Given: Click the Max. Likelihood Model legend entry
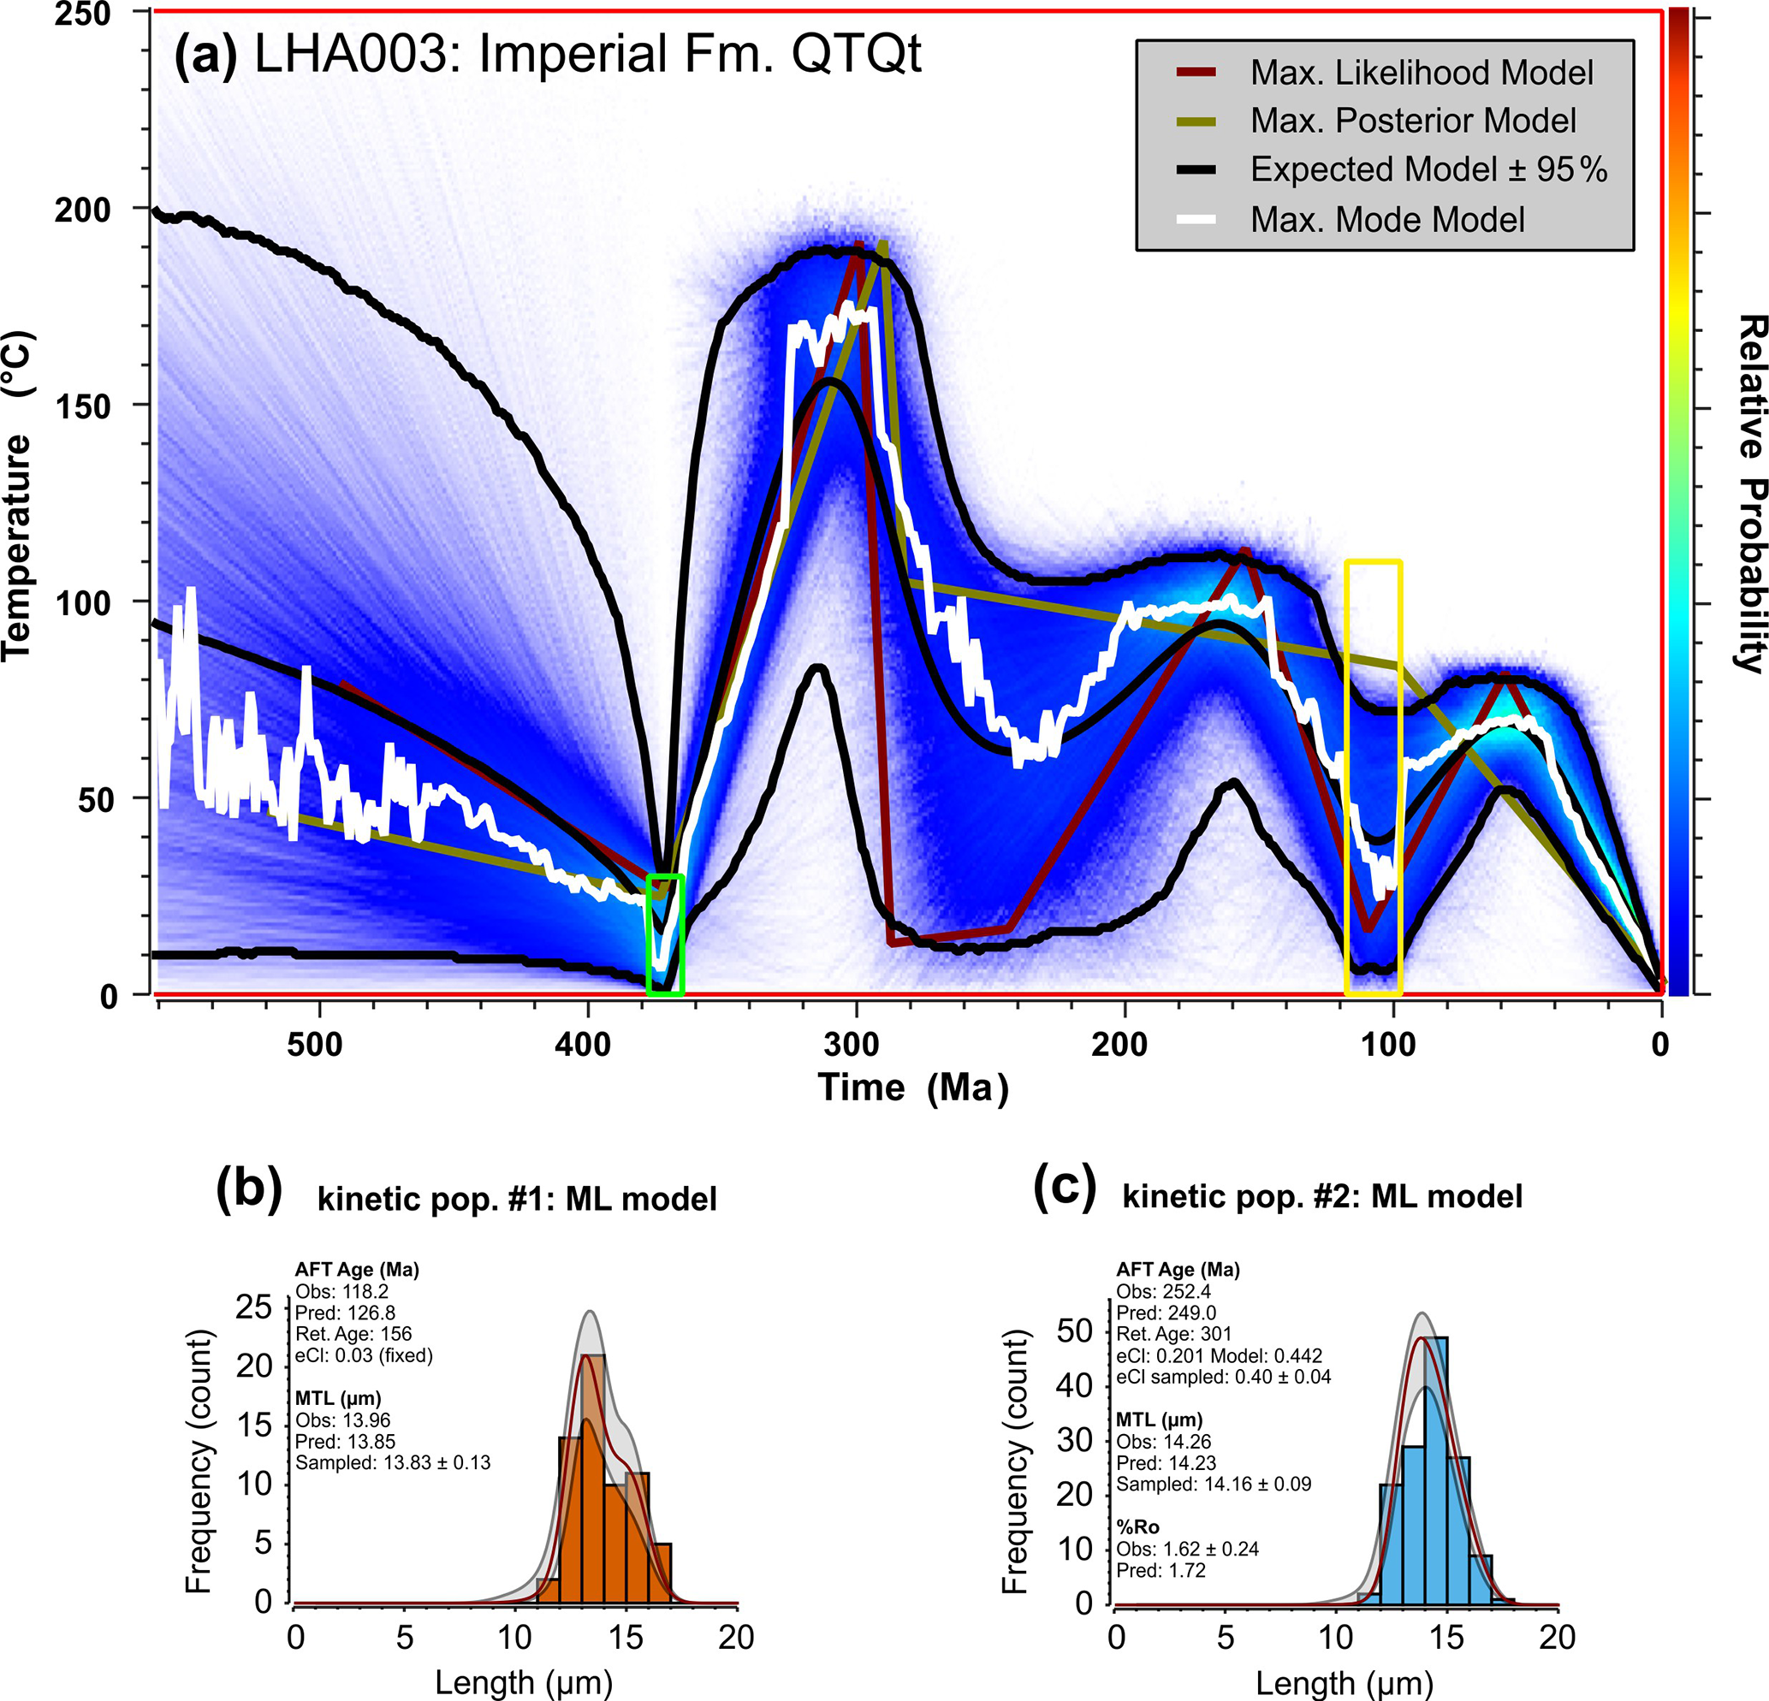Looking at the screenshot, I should [1421, 73].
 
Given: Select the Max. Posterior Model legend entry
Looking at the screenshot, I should [1412, 121].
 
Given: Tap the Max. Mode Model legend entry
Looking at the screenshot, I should [1386, 220].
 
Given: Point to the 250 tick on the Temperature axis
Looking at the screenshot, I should [82, 14].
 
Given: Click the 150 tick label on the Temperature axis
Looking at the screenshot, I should [82, 406].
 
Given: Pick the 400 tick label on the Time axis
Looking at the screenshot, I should [583, 1045].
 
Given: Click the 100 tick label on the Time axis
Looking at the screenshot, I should [1388, 1045].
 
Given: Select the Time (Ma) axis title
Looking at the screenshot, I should [912, 1088].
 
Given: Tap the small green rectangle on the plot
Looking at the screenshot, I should [665, 934].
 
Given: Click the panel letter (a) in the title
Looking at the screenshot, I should [205, 56].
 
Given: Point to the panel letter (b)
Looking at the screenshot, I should [248, 1189].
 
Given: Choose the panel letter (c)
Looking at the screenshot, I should [1064, 1188].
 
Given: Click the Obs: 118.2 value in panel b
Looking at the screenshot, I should [341, 1291].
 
